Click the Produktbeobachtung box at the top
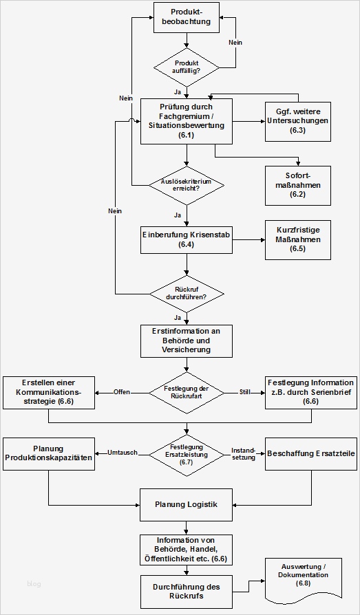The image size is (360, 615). tap(186, 17)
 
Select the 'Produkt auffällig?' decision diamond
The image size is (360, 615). tap(186, 67)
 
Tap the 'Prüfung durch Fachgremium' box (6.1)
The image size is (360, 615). tap(186, 121)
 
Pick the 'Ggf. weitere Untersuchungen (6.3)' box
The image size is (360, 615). tap(297, 121)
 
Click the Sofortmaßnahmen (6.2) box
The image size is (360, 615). tap(297, 185)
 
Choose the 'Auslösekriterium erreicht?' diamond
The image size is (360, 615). tap(186, 185)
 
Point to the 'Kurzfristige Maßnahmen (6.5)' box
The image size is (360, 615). tap(297, 239)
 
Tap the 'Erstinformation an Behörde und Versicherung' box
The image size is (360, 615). tap(186, 340)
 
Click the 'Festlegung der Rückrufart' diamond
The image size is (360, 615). tap(186, 392)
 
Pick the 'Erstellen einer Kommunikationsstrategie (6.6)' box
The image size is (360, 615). tap(48, 392)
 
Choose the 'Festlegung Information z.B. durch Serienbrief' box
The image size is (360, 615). tap(310, 392)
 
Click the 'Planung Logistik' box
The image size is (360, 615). tap(186, 505)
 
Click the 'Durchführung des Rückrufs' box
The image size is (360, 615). tap(186, 592)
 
